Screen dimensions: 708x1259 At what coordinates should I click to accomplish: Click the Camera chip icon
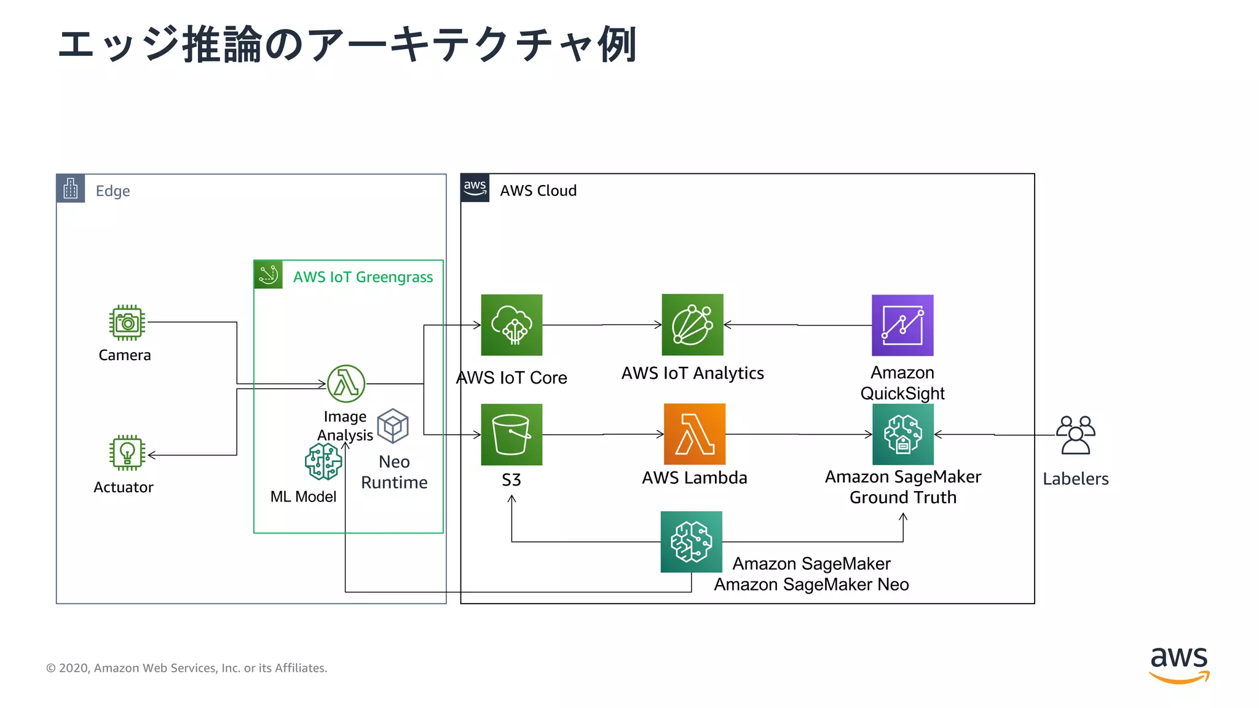127,323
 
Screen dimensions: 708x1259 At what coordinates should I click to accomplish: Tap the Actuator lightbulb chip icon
127,453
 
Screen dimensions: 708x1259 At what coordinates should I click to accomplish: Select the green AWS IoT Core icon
511,325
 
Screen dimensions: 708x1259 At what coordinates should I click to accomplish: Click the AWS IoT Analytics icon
692,324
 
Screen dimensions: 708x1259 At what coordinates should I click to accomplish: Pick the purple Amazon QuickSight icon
902,325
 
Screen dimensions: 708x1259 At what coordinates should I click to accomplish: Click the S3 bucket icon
511,435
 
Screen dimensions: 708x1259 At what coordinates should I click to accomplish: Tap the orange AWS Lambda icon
695,434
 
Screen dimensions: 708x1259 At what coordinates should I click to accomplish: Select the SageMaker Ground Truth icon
902,434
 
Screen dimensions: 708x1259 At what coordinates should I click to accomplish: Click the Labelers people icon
1076,435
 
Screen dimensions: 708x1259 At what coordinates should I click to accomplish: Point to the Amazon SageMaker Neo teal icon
691,542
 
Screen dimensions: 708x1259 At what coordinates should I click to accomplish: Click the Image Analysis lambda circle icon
346,383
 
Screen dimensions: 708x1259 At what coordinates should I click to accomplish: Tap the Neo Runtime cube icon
393,426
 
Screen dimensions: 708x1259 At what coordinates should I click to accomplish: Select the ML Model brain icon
323,462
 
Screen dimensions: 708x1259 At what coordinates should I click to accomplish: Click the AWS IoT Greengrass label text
363,277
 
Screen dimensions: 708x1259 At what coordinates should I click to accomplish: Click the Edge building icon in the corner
71,189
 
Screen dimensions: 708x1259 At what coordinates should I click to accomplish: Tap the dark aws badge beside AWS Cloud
475,188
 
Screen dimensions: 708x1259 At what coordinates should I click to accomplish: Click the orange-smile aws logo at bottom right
1179,665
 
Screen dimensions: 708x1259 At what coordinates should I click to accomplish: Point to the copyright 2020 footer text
187,668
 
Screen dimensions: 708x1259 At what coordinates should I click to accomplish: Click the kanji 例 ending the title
617,45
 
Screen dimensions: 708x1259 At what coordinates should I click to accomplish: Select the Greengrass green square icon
269,275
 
